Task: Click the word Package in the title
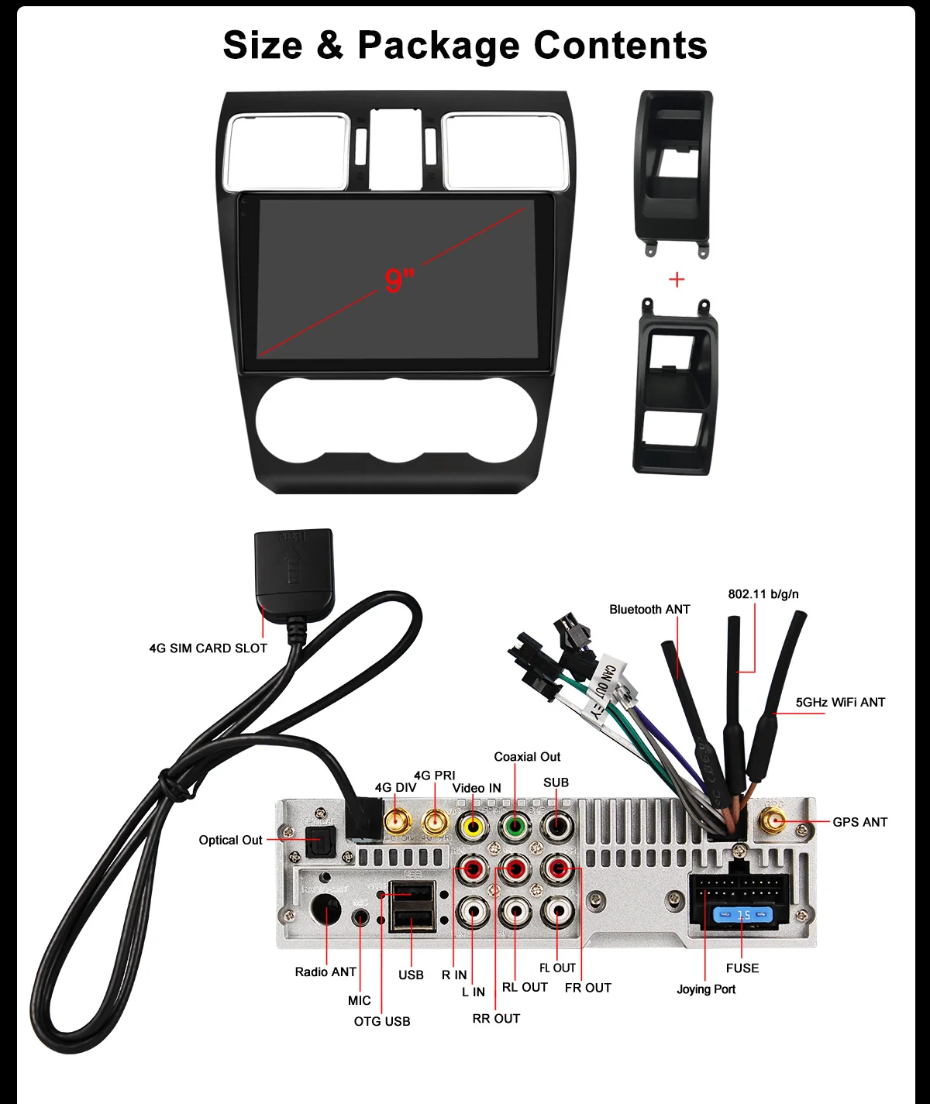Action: point(439,46)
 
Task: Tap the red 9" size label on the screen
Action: point(399,280)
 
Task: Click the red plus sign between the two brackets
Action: point(677,280)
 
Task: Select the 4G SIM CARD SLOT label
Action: point(208,648)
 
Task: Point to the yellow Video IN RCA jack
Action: point(472,826)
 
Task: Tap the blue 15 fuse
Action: point(742,915)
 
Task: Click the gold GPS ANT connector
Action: point(773,820)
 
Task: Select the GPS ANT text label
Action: point(859,822)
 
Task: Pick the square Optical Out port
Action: point(319,841)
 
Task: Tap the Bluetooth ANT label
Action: point(649,610)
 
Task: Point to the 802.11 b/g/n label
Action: point(763,594)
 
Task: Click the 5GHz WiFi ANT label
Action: point(840,703)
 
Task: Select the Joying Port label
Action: point(706,989)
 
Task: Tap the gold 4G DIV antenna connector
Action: point(397,820)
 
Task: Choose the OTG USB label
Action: point(382,1022)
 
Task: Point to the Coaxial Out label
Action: point(527,757)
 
